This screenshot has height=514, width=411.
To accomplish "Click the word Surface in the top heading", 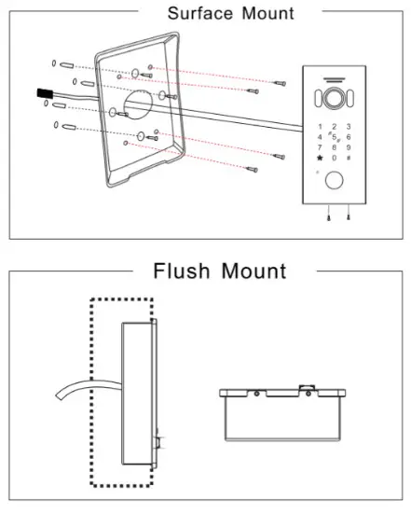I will click(194, 13).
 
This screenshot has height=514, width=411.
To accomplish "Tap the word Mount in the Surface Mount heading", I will click(264, 13).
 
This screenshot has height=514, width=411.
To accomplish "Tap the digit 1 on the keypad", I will click(322, 126).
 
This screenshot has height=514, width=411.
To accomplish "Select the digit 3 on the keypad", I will click(348, 126).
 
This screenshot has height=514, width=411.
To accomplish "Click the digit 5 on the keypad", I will click(335, 139).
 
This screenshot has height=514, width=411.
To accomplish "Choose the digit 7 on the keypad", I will click(322, 147).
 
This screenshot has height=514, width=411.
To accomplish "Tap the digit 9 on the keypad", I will click(348, 147).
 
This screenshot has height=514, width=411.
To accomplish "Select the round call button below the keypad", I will click(335, 183).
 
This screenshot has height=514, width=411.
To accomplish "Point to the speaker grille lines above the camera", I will click(335, 79).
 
